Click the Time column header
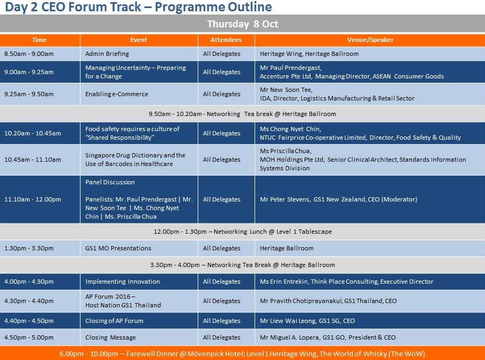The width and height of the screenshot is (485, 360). point(40,40)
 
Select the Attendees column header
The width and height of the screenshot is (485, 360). point(226,40)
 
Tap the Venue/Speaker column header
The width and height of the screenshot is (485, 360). point(370,40)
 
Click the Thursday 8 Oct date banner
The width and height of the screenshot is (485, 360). point(243,24)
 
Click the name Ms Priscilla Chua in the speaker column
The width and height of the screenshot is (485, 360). point(286,151)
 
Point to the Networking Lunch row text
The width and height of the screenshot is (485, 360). point(243,232)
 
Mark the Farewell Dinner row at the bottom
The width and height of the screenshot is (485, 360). point(243,354)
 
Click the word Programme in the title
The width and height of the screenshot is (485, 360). point(189,7)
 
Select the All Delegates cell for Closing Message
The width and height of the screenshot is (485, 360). point(221,337)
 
